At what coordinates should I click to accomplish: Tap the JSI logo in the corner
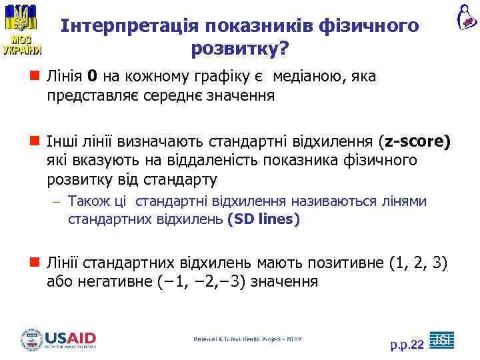point(441,339)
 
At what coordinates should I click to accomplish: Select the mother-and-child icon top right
point(466,16)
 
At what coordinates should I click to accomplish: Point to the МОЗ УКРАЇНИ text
point(21,43)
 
